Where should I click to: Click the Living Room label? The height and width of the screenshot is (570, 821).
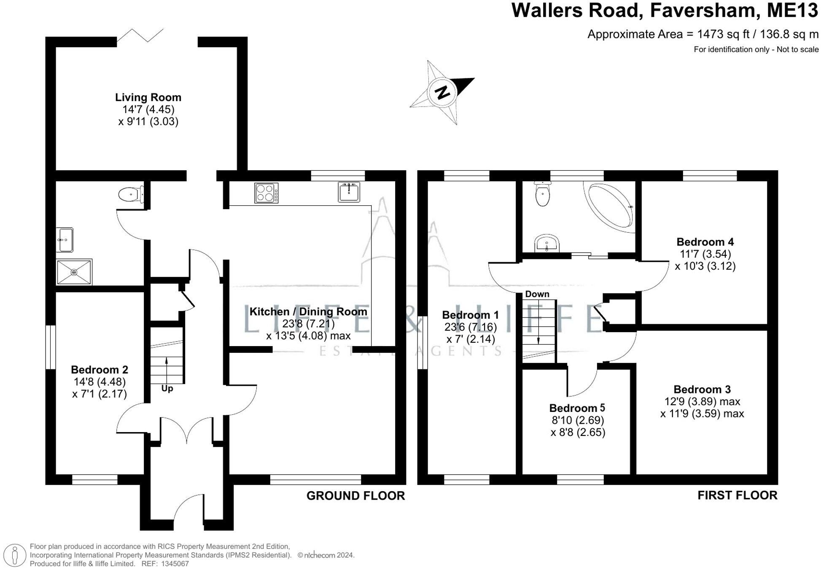coord(148,97)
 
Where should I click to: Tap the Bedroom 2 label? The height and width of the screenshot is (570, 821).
coord(100,370)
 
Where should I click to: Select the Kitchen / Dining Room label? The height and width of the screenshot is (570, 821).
coord(308,312)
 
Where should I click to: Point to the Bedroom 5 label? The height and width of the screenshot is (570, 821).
coord(577,408)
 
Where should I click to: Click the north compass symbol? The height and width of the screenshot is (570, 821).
coord(442,92)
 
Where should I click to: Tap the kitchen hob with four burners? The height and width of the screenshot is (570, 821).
coord(266,193)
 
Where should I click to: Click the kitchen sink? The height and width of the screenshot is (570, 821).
coord(349,192)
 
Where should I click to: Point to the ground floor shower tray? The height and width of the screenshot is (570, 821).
coord(74,272)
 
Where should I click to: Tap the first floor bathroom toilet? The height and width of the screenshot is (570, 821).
coord(542,194)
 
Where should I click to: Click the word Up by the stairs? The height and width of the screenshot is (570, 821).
coord(167,388)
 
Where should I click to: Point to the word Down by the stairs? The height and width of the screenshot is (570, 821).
coord(537,294)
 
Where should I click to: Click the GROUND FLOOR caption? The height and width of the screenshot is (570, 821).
coord(355,496)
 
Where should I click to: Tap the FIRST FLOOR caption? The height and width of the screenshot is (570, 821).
coord(738,495)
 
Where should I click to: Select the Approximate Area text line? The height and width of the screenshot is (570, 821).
coord(703,34)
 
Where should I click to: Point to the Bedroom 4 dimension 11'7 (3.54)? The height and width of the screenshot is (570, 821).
coord(705,254)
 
